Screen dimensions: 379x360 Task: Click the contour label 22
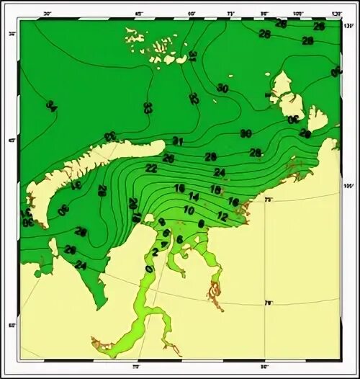(x=151, y=168)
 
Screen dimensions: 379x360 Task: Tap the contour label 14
(x=194, y=197)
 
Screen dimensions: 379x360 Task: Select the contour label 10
(x=189, y=210)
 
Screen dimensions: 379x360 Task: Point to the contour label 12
(x=222, y=216)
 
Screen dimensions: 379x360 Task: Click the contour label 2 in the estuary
(x=155, y=251)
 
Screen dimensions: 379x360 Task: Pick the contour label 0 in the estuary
(x=149, y=268)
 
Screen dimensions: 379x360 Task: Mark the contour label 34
(x=51, y=106)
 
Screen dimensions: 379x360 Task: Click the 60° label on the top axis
(x=192, y=14)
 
